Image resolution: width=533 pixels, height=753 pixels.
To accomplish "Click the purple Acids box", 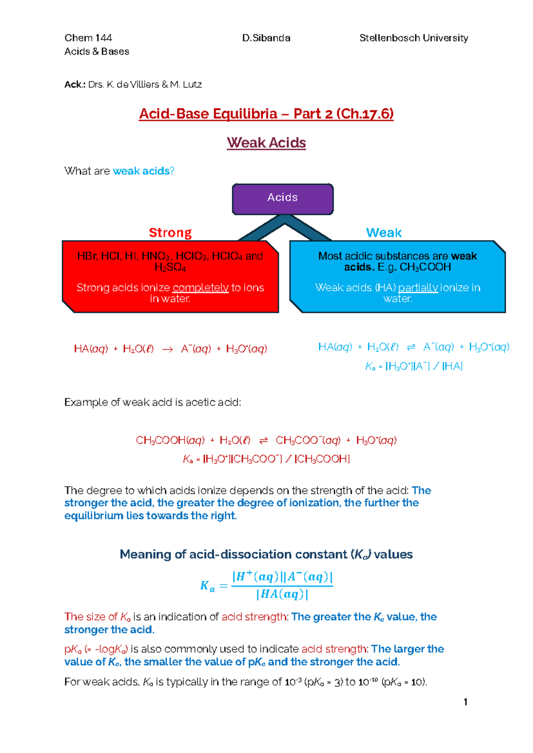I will coord(282,198).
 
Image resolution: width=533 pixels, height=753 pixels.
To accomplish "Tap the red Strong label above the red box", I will coord(170,233).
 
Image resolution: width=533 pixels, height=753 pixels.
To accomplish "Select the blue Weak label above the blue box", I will coord(383,233).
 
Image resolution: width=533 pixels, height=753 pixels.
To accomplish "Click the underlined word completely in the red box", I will coord(200,288).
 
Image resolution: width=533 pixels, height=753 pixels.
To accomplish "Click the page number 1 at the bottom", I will coord(465,702).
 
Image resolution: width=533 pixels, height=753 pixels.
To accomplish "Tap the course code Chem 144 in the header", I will coord(88,38).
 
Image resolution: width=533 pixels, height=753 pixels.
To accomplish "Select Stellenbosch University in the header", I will coord(414,38).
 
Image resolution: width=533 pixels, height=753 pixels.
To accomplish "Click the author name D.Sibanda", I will coord(266,38).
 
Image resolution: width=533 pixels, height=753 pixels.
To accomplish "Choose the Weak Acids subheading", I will coord(266,143).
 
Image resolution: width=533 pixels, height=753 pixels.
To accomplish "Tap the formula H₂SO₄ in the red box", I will coord(170,267).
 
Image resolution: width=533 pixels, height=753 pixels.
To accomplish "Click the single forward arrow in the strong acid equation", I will coord(167,349).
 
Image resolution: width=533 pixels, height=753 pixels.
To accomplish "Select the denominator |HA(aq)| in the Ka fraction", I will coord(282,594).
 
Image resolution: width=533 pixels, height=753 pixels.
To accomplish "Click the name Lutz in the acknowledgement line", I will coord(192,84).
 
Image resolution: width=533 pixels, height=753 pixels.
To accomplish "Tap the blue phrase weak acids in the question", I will coord(141,171).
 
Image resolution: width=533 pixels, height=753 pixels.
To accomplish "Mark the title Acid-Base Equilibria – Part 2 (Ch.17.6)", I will coord(266,114).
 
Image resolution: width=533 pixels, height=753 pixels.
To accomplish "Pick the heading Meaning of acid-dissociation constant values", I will coord(266,555).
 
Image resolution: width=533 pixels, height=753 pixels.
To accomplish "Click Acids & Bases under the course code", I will coord(96,52).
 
